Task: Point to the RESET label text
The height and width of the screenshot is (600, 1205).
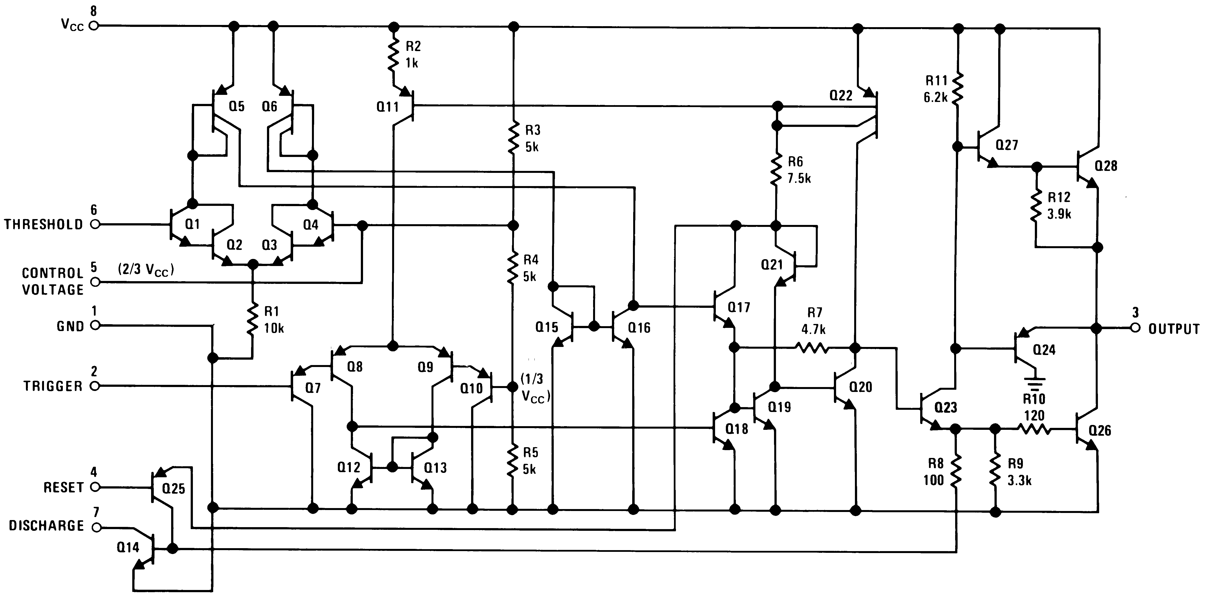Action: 63,488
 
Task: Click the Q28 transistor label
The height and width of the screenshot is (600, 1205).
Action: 1106,166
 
